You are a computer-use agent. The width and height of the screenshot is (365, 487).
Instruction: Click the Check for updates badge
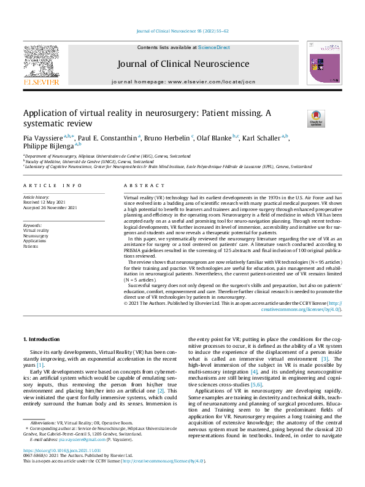(299, 118)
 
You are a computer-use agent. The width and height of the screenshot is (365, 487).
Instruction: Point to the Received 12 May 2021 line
(44, 202)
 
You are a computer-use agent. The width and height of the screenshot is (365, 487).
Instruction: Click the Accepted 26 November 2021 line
(51, 207)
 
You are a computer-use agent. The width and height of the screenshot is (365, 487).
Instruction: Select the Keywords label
(33, 225)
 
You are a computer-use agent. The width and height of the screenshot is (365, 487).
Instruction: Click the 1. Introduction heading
(41, 339)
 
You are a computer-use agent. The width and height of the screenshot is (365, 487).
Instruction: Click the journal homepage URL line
(182, 81)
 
